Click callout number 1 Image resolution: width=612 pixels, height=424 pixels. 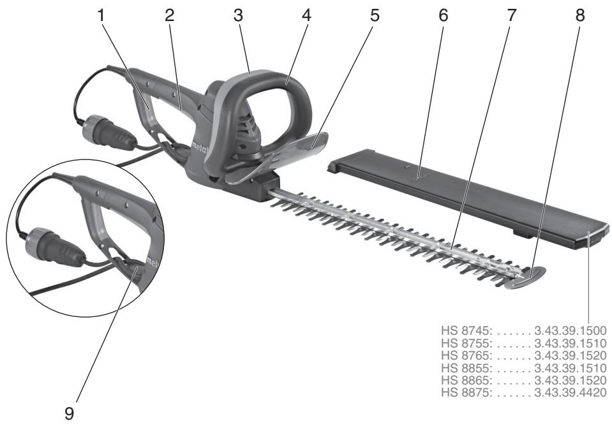tap(101, 15)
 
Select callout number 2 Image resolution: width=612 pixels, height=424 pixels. tap(169, 15)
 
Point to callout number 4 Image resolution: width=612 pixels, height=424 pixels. tap(306, 15)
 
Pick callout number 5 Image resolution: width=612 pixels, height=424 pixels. tap(374, 15)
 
